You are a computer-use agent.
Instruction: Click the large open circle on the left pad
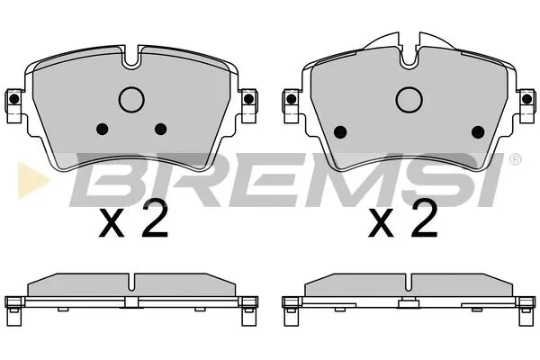pyautogui.click(x=132, y=100)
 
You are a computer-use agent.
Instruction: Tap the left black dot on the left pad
pyautogui.click(x=102, y=128)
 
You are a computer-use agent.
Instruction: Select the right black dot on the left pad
pyautogui.click(x=161, y=128)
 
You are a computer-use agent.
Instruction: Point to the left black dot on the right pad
pyautogui.click(x=340, y=131)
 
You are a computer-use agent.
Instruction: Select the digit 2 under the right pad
pyautogui.click(x=424, y=218)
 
